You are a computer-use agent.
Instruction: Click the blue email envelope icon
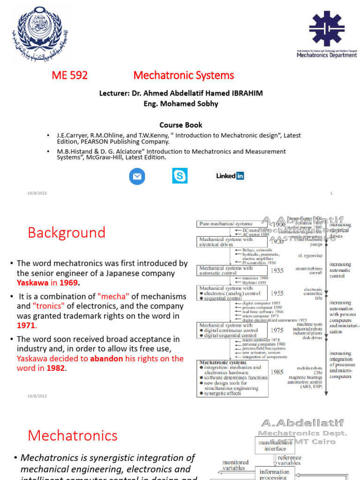tap(137, 176)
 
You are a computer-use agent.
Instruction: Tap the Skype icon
tap(180, 176)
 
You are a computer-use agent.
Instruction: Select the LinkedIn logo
tap(230, 176)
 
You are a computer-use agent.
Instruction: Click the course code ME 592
tap(69, 75)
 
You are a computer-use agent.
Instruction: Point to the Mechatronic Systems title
tap(183, 75)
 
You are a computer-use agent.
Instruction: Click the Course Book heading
tap(181, 125)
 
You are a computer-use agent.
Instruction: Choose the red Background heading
tap(67, 232)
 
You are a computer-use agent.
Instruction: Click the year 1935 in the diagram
tap(277, 270)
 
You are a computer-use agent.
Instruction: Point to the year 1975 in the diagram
tap(277, 330)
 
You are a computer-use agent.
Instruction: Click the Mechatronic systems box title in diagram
tap(223, 362)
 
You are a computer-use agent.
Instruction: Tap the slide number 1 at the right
tap(331, 193)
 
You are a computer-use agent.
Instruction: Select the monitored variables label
tap(234, 465)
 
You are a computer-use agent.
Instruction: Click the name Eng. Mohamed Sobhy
tap(181, 104)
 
